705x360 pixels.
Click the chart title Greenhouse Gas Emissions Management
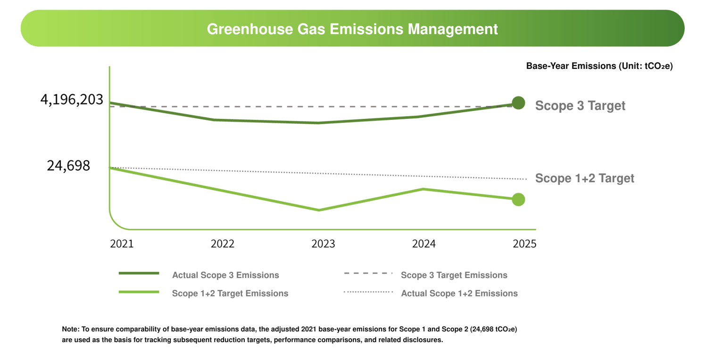point(352,29)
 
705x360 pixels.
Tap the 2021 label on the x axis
point(122,244)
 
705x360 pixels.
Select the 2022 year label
point(223,244)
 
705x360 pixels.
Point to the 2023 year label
point(323,244)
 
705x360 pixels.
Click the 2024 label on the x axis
point(424,244)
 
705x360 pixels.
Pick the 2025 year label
point(525,244)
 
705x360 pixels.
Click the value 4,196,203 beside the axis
point(72,100)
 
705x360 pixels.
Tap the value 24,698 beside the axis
point(68,166)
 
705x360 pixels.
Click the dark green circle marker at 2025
point(518,103)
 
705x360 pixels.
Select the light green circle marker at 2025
point(518,200)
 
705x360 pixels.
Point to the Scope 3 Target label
point(580,106)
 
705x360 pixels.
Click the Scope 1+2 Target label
point(584,178)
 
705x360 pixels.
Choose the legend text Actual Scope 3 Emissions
point(225,275)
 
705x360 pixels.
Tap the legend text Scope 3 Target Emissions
point(454,275)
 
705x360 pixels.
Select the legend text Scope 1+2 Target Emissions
point(230,293)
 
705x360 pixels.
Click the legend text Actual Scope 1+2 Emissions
point(459,293)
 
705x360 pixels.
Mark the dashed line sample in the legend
point(368,273)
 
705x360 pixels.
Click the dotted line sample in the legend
point(368,292)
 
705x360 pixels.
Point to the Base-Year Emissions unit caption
point(599,66)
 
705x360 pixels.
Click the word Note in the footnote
point(70,329)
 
